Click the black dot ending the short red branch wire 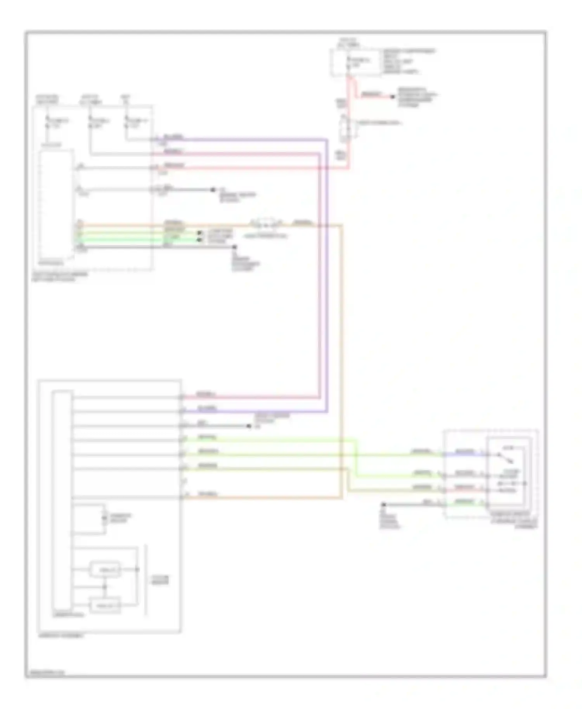point(393,96)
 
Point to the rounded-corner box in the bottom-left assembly point(105,569)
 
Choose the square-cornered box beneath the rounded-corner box point(105,605)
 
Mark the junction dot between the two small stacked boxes point(104,587)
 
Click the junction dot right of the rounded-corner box point(137,569)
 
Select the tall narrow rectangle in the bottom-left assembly point(62,500)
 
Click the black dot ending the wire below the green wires point(234,247)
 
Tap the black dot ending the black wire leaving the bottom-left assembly point(249,426)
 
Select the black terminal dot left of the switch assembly point(384,505)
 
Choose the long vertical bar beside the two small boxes point(146,580)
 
